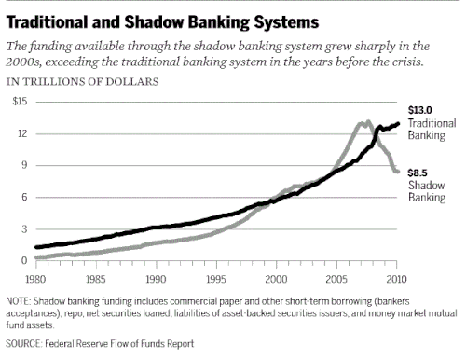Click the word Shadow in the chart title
point(154,22)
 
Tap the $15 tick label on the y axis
point(20,102)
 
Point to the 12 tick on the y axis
point(22,133)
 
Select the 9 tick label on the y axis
point(24,165)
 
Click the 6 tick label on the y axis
point(24,197)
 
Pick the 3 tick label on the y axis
point(24,229)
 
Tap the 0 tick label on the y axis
point(24,260)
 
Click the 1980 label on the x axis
point(35,279)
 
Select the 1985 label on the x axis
point(96,279)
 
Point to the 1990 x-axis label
point(156,279)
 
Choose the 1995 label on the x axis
point(216,279)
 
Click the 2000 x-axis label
point(276,279)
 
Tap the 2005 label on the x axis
point(336,279)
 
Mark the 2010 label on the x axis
point(396,279)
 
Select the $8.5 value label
point(418,173)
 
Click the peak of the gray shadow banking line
point(368,121)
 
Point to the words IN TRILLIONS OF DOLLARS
point(82,82)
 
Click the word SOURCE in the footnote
point(23,343)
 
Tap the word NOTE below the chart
point(18,301)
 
